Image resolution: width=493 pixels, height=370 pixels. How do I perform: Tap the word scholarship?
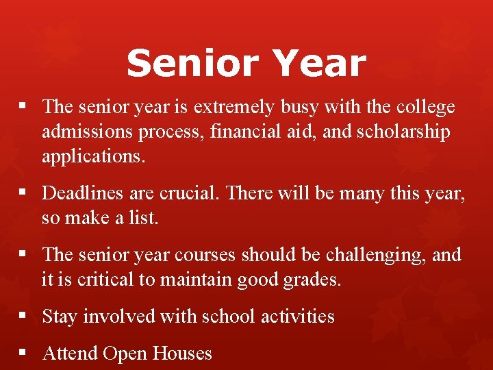[404, 132]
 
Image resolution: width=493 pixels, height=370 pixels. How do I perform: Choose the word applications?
[94, 156]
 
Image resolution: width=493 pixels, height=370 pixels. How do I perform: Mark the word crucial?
[186, 194]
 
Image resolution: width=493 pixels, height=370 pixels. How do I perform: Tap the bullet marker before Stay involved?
[23, 316]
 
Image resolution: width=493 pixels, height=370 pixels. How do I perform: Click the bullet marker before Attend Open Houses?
[23, 353]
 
